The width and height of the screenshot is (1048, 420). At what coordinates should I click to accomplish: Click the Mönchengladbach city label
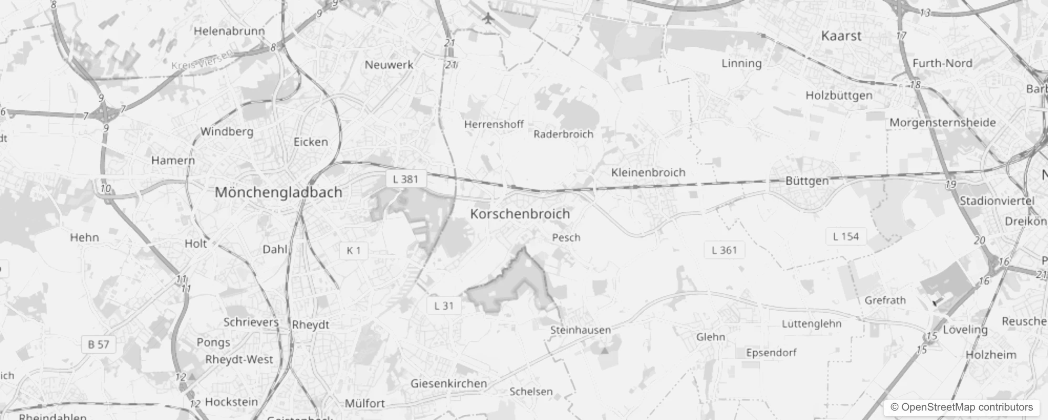click(x=278, y=193)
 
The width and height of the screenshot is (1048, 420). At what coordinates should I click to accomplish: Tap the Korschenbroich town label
click(x=520, y=214)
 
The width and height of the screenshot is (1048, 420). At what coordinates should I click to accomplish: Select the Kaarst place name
click(x=841, y=36)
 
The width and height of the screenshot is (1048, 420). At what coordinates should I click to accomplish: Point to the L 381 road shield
click(x=405, y=179)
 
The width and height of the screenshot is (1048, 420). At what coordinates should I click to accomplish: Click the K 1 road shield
click(x=353, y=250)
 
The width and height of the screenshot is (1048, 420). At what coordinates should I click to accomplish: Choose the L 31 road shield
click(x=444, y=306)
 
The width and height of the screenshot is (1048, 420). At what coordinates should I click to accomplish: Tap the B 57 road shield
click(x=99, y=344)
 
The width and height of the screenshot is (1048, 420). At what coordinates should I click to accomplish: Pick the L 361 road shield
click(x=724, y=250)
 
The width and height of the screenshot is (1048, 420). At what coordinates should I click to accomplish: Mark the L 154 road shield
click(x=845, y=236)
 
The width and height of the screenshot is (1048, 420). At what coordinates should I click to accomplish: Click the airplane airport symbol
click(x=488, y=18)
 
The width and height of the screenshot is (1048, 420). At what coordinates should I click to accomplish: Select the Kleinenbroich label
click(x=648, y=173)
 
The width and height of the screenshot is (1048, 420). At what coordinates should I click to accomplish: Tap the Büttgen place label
click(x=806, y=181)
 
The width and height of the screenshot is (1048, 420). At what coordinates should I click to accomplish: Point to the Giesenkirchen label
click(x=448, y=384)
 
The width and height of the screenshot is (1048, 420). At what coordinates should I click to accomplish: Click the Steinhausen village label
click(x=580, y=330)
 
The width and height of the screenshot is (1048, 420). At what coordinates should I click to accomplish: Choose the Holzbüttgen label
click(x=839, y=96)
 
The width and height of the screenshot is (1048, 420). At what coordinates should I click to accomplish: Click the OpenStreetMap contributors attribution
click(x=961, y=407)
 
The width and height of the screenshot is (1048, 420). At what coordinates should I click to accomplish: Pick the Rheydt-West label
click(x=239, y=360)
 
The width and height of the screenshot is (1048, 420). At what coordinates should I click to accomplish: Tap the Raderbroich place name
click(x=563, y=134)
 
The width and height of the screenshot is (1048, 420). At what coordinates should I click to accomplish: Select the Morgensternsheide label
click(x=942, y=123)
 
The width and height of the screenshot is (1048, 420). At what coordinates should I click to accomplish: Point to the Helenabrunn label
click(x=229, y=31)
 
